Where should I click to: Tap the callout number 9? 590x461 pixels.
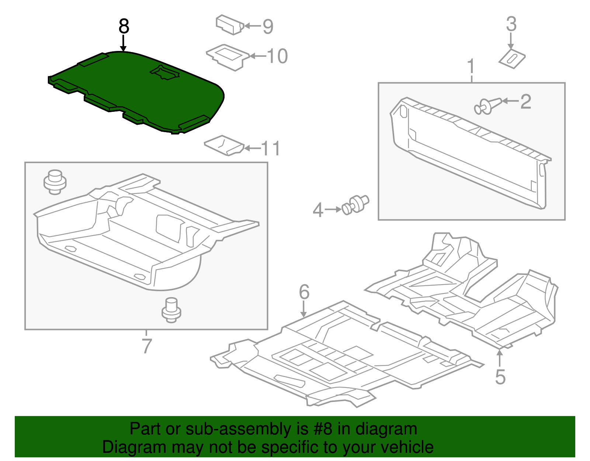(268, 27)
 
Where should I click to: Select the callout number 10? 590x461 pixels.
(277, 56)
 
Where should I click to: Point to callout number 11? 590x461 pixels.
(271, 148)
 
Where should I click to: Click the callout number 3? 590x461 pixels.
(511, 24)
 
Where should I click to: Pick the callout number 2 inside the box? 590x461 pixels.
(525, 101)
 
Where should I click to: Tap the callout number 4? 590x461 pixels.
(318, 210)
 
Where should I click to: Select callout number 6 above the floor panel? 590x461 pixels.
(304, 292)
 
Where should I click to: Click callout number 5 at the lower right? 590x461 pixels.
(500, 377)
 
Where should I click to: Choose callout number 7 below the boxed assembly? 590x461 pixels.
(146, 346)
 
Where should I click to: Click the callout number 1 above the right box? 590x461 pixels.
(471, 67)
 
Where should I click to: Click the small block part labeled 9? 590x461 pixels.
(229, 25)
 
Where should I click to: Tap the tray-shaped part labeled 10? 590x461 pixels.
(228, 57)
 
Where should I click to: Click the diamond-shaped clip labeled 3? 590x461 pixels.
(512, 58)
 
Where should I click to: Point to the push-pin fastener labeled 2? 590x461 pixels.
(487, 106)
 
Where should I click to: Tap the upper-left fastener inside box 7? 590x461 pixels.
(55, 182)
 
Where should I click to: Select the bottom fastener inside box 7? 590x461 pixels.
(171, 309)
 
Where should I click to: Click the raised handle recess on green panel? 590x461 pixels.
(165, 72)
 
